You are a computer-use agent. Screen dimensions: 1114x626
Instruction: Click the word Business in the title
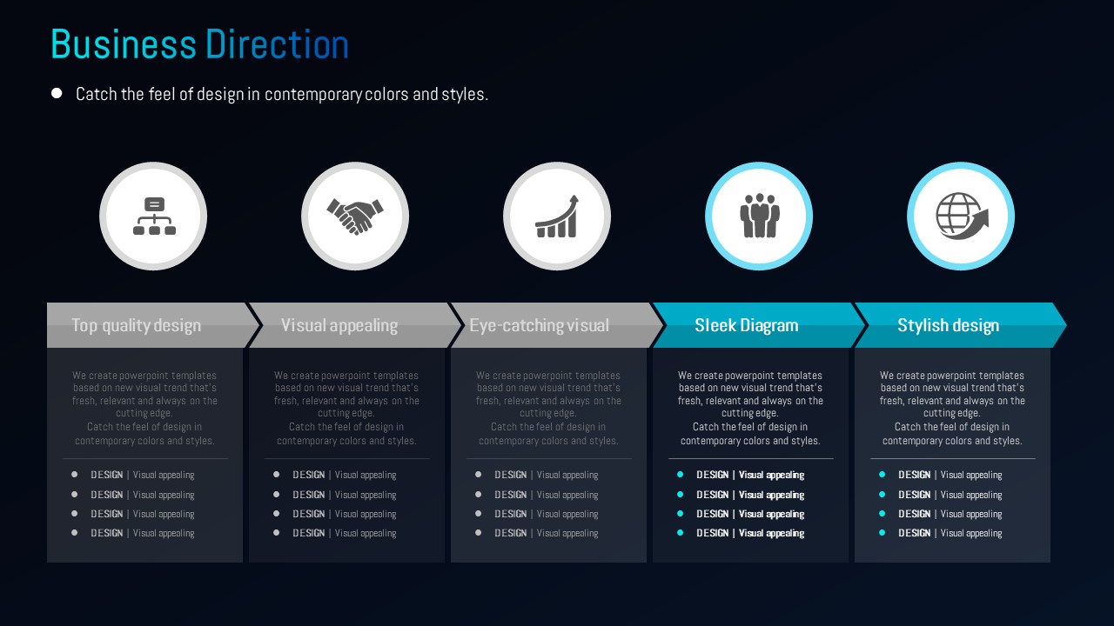[x=124, y=44]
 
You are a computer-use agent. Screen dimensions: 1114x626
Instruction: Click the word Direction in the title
[x=277, y=44]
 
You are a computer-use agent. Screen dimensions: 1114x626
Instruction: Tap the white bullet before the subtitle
[x=57, y=93]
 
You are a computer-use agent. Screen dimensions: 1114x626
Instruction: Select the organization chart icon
[x=154, y=216]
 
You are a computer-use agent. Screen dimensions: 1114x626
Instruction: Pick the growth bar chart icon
[x=557, y=216]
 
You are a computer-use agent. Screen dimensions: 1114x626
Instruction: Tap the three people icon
[x=760, y=216]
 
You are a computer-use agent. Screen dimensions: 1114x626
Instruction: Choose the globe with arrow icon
[x=962, y=216]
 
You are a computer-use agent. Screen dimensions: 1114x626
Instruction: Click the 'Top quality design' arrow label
[x=137, y=325]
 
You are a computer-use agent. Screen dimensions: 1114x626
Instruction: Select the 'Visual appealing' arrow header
[x=339, y=325]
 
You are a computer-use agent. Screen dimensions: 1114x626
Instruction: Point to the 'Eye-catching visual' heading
[x=539, y=325]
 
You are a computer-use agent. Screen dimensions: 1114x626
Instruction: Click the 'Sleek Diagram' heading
[x=747, y=325]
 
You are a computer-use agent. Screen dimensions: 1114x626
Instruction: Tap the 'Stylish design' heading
[x=949, y=325]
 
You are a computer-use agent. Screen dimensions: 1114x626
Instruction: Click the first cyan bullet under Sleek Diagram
[x=680, y=475]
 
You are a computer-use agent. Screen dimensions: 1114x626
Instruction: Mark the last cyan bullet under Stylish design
[x=882, y=533]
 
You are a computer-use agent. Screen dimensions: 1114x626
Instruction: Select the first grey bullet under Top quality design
[x=74, y=475]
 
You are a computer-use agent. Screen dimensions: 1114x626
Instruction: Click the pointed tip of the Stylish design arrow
[x=1066, y=325]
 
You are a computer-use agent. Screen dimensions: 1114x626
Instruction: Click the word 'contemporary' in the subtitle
[x=313, y=95]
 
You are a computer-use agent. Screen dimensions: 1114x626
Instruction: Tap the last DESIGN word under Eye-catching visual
[x=510, y=533]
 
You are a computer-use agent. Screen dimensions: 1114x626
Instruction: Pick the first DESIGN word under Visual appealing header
[x=308, y=475]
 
